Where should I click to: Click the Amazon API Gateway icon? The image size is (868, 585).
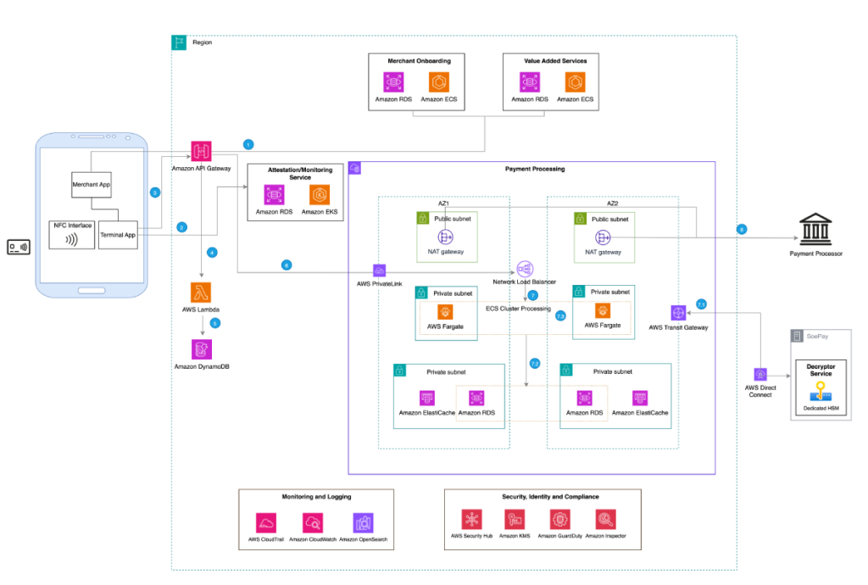pyautogui.click(x=201, y=152)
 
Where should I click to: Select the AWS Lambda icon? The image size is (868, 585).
pyautogui.click(x=201, y=292)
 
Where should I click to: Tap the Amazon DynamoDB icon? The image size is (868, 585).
pyautogui.click(x=202, y=348)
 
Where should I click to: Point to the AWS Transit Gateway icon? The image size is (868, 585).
pyautogui.click(x=677, y=311)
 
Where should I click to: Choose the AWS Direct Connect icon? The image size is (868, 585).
pyautogui.click(x=760, y=374)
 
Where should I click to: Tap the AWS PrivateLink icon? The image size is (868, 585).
pyautogui.click(x=379, y=270)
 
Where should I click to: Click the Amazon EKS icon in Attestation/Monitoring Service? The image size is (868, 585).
pyautogui.click(x=320, y=193)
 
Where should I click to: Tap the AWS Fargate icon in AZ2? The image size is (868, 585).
pyautogui.click(x=603, y=311)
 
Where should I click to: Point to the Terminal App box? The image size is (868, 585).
pyautogui.click(x=120, y=235)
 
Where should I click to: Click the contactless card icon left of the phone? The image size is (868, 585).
pyautogui.click(x=17, y=248)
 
